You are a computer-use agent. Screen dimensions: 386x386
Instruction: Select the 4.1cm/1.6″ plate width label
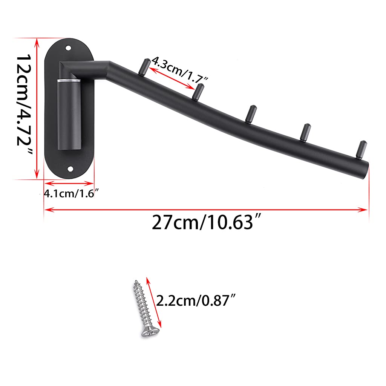(x=71, y=194)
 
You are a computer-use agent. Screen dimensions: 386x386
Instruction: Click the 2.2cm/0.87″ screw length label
(x=196, y=300)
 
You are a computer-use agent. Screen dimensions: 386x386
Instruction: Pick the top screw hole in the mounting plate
(x=68, y=48)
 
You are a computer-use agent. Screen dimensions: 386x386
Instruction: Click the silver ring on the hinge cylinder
(x=69, y=81)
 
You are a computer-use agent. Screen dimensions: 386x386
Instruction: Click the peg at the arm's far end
(x=361, y=148)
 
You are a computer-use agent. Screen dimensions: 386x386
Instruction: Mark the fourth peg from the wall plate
(x=305, y=130)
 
